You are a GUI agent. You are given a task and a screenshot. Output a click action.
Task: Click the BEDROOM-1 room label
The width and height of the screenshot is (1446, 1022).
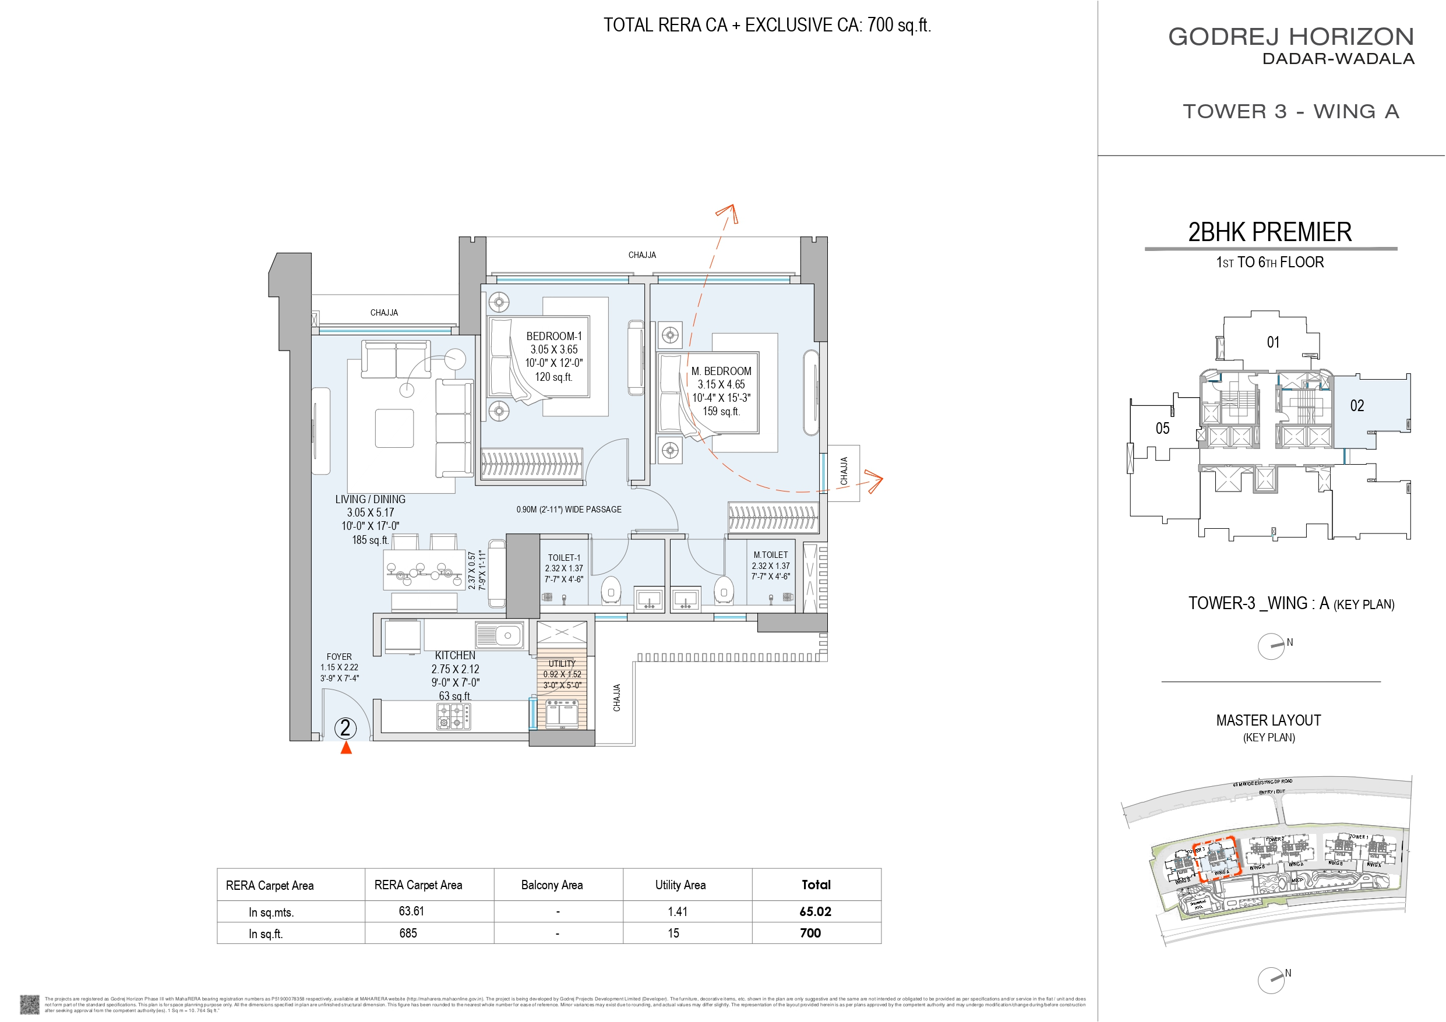click(x=553, y=336)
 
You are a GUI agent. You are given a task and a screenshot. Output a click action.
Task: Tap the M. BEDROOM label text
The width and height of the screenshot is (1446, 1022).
click(x=721, y=371)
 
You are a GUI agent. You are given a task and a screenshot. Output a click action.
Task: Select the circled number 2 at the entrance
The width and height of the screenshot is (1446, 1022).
click(x=345, y=729)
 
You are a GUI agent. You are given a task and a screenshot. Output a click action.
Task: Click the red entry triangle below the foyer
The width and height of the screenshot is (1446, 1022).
click(x=345, y=748)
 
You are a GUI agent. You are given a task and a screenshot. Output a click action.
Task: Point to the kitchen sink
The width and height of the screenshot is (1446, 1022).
click(x=499, y=635)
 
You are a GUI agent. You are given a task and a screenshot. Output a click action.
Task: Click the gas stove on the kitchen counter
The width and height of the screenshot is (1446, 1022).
click(x=454, y=716)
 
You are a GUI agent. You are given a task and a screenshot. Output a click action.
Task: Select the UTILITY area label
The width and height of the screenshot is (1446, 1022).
click(x=562, y=664)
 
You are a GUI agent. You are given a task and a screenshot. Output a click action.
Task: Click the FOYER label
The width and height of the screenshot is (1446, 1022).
click(x=339, y=656)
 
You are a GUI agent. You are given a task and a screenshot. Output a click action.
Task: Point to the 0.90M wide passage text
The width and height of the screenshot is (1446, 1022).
click(x=569, y=510)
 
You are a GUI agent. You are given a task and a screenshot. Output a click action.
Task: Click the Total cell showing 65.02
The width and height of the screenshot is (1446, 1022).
click(x=815, y=911)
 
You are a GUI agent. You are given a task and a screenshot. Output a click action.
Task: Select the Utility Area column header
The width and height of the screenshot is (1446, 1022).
click(x=680, y=885)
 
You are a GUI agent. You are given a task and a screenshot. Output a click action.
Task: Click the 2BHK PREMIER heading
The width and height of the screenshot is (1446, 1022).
click(x=1269, y=232)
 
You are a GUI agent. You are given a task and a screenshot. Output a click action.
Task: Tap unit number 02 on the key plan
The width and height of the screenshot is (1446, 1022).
click(x=1356, y=405)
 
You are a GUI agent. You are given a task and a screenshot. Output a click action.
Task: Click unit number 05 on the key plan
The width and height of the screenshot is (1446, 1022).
click(x=1162, y=429)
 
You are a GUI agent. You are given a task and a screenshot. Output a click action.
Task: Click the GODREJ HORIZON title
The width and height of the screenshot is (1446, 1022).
click(x=1291, y=37)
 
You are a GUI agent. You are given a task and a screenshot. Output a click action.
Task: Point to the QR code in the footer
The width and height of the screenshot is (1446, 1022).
click(x=30, y=1004)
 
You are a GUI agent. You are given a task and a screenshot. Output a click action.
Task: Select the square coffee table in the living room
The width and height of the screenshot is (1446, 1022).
click(x=394, y=428)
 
